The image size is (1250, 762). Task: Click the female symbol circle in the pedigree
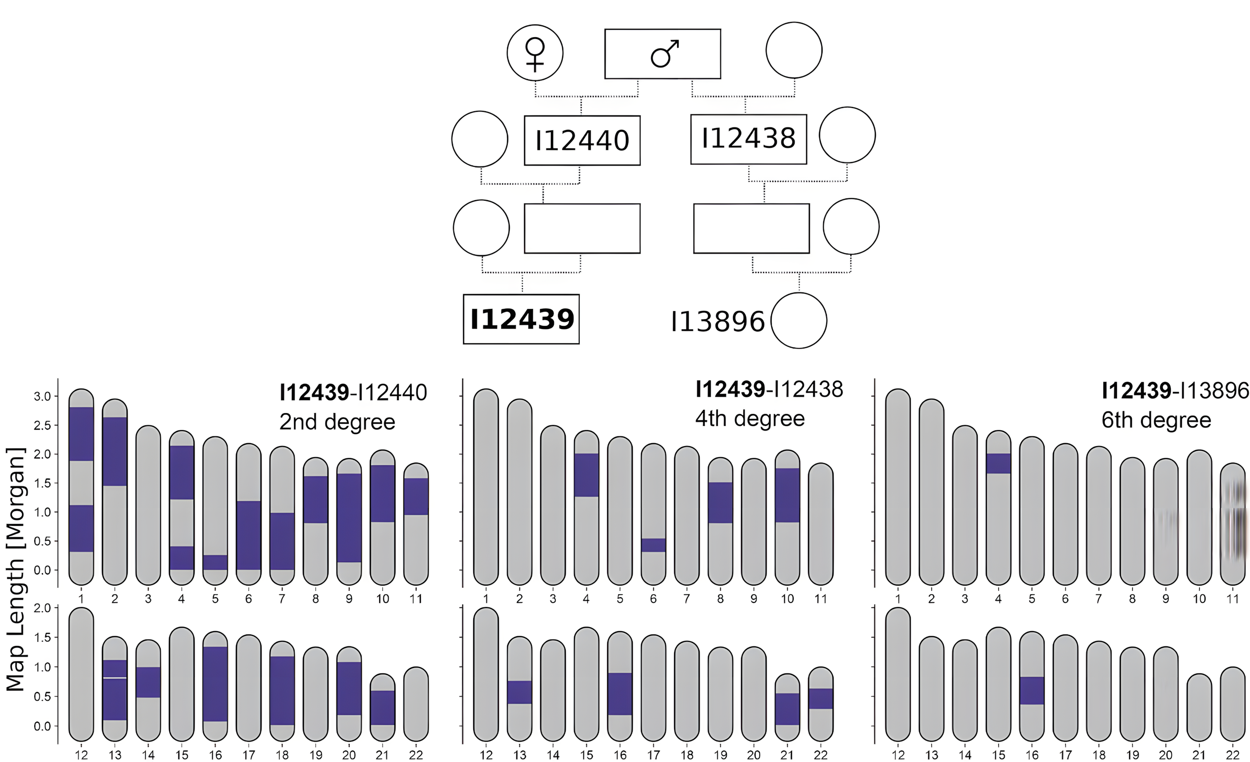pos(535,53)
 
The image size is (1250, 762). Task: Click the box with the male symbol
pos(663,54)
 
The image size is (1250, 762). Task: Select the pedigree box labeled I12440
pos(582,141)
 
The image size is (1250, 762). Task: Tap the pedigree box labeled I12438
pos(748,139)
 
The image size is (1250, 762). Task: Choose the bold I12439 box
pos(521,319)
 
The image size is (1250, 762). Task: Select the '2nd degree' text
pos(337,422)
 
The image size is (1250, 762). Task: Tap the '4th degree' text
pos(749,419)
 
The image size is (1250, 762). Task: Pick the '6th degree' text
pos(1156,420)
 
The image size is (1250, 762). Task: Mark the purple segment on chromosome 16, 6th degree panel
pos(1031,690)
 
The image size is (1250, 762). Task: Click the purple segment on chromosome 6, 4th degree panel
pos(653,545)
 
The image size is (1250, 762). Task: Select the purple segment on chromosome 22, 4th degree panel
pos(820,698)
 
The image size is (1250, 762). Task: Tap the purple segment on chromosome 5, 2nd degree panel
pos(215,562)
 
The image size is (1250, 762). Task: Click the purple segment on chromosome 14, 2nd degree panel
pos(148,682)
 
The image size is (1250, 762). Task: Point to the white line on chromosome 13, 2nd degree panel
pos(115,677)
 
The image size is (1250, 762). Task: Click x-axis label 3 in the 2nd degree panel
pos(148,599)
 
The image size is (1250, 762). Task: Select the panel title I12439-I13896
pos(1175,391)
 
